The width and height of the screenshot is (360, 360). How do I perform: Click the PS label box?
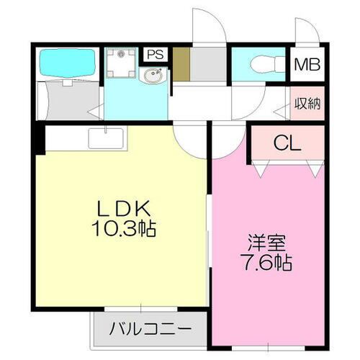coord(153,54)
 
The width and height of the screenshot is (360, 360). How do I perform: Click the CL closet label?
coord(286,144)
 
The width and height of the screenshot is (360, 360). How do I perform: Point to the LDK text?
coord(123,210)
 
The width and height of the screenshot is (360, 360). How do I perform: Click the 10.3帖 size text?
coord(123,230)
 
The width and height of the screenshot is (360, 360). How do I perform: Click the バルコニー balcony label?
coord(150,330)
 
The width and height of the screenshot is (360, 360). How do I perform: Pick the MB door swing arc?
coord(306,32)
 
